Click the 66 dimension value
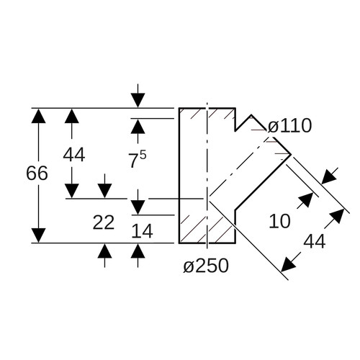coord(37,174)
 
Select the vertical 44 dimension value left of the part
coord(74,155)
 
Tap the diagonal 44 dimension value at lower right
coord(315,241)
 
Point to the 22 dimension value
coord(104,222)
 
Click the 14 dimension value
coord(142,231)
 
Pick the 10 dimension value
coord(280,221)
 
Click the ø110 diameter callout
coord(289,126)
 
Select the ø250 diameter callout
coord(206,266)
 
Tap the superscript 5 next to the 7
coord(143,156)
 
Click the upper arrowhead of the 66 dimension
coord(38,116)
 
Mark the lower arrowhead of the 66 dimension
coord(38,235)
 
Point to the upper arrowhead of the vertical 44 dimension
coord(72,116)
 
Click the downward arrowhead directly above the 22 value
coord(104,191)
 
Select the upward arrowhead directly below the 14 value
coord(138,251)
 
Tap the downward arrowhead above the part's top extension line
coord(138,100)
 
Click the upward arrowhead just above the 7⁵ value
coord(138,127)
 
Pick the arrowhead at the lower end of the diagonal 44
coord(289,265)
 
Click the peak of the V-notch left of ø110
coord(251,115)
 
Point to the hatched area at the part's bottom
coord(207,229)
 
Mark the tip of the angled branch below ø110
coord(291,154)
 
